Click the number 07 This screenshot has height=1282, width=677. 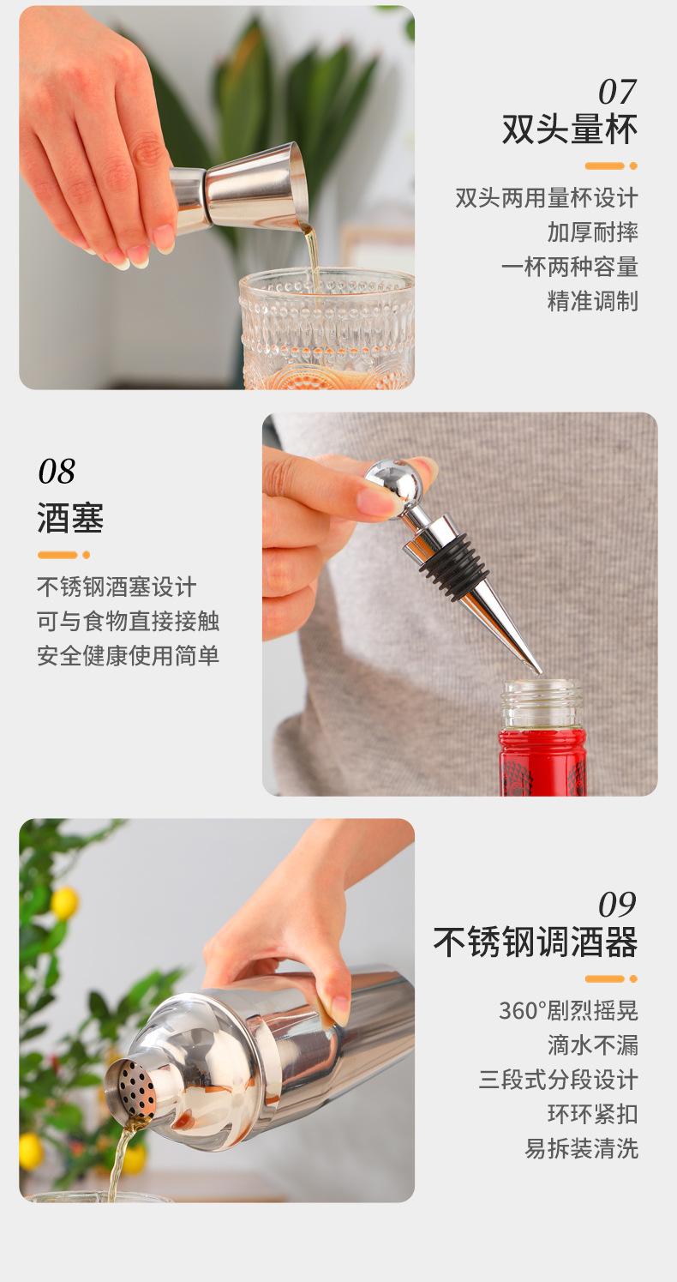point(618,92)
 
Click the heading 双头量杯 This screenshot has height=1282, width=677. point(570,129)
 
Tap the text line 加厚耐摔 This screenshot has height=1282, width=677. point(592,232)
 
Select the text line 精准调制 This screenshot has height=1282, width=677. point(592,301)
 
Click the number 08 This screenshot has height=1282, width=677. point(57,472)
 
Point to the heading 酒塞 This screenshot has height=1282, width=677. point(70,518)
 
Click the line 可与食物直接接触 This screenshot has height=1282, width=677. point(128,621)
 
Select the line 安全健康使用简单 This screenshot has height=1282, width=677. point(128,655)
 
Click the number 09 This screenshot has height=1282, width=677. point(618,905)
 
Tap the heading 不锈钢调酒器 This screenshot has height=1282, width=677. point(536,942)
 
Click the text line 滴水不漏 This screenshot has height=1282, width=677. point(592,1045)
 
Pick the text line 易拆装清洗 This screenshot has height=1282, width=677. point(581,1148)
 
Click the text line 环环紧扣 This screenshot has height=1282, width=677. point(592,1114)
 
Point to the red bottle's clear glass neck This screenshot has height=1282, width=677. point(542,705)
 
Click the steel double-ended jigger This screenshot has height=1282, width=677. point(236,184)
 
